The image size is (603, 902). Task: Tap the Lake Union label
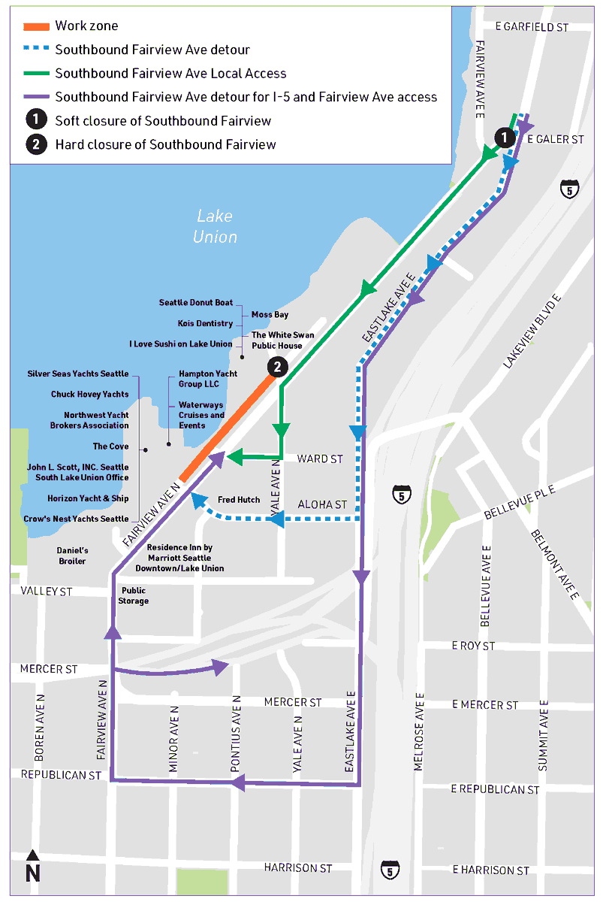pos(215,226)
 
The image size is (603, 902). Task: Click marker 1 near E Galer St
pos(505,138)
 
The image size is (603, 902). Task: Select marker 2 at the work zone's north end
pos(277,367)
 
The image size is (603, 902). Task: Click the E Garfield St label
pos(532,26)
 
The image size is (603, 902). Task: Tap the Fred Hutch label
pos(239,500)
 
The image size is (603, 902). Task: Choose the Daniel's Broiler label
pos(73,555)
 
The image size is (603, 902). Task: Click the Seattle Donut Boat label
pos(196,302)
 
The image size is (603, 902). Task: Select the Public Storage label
pos(134,595)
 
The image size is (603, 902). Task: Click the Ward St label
pos(320,458)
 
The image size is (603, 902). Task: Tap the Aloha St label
pos(323,504)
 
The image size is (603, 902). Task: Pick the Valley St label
pos(47,592)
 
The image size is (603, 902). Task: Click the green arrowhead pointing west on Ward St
pos(234,456)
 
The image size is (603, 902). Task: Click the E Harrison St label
pos(490,870)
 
